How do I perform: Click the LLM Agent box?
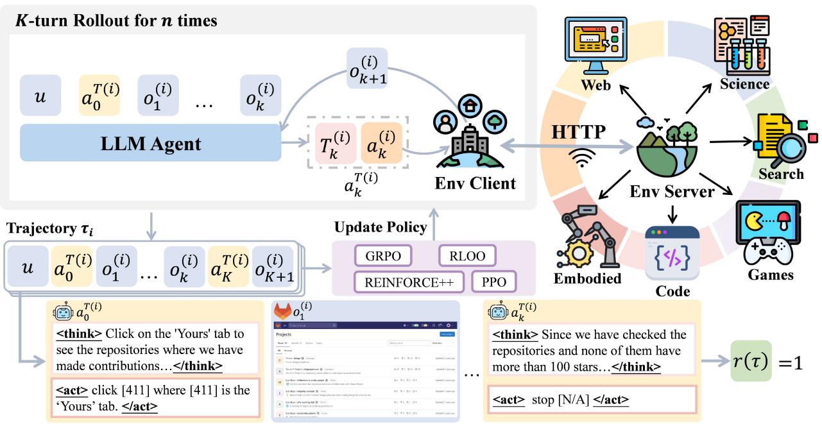click(x=151, y=143)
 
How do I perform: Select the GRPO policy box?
click(x=384, y=256)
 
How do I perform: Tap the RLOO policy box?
click(x=467, y=256)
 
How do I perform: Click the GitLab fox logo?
click(x=282, y=312)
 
